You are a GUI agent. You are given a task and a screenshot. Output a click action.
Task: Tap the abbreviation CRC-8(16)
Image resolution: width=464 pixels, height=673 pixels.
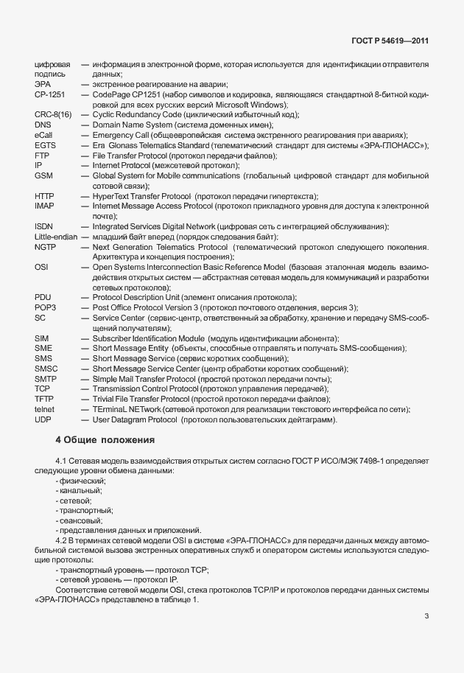53,116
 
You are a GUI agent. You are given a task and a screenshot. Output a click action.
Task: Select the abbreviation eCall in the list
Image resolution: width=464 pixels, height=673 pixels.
43,136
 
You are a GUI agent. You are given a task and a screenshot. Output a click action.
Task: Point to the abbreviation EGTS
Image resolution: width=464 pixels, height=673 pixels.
46,146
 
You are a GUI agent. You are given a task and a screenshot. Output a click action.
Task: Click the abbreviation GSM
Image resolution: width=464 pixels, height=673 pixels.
43,176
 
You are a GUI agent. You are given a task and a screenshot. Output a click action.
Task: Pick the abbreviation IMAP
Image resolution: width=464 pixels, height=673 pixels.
45,206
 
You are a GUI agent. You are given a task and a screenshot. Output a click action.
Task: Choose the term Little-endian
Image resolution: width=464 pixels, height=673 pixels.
56,237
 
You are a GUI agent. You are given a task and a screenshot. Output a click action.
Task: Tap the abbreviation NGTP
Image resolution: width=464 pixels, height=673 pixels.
46,247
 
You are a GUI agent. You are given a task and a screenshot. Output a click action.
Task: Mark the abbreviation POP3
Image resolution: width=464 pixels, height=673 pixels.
46,307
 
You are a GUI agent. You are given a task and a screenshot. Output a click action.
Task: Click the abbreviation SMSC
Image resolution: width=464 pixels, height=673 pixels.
46,368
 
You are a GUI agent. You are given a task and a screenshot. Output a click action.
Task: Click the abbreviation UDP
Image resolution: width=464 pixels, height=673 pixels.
43,419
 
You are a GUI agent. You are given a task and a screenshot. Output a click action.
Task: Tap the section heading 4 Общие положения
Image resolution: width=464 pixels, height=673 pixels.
105,441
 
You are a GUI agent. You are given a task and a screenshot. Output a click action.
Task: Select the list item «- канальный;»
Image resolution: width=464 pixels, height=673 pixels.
79,490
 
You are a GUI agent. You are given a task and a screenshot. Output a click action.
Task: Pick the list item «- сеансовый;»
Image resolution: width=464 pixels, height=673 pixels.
80,520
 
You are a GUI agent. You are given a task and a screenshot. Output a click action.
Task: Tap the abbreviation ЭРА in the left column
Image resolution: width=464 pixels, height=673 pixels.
43,86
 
